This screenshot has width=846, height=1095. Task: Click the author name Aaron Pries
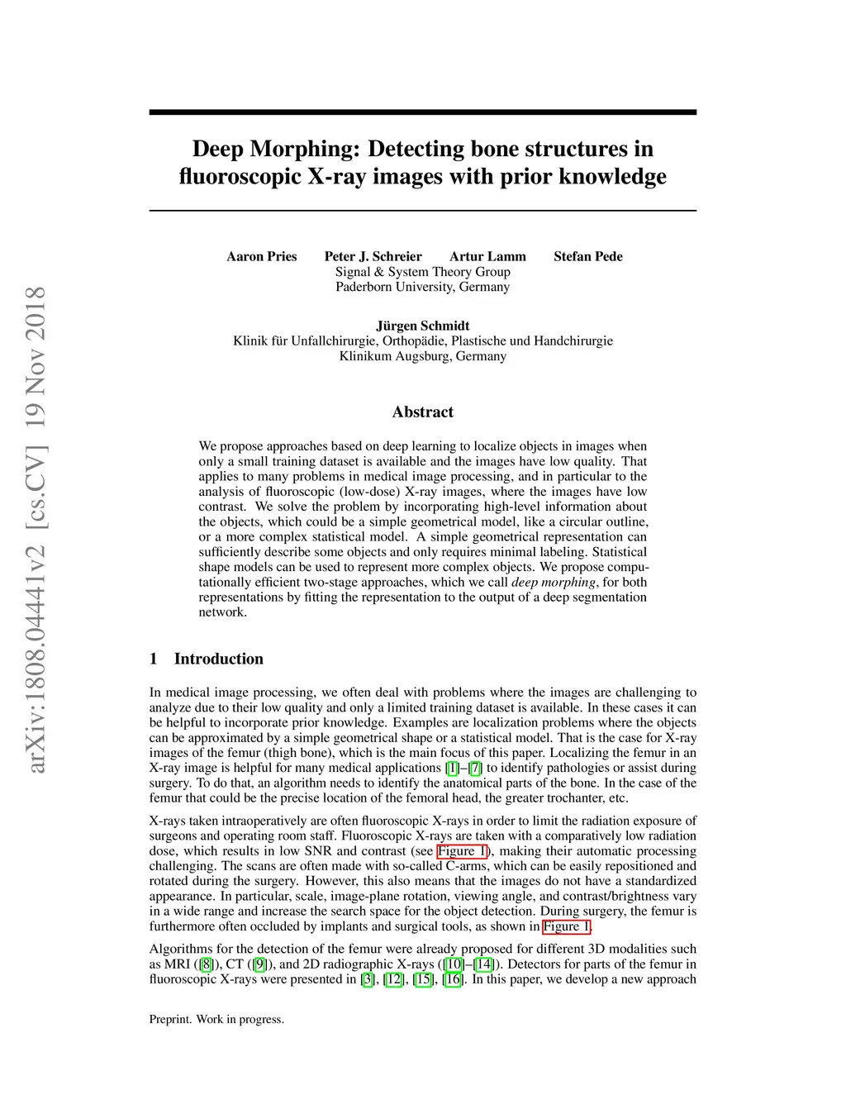(x=261, y=256)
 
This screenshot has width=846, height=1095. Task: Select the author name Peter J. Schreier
(x=373, y=256)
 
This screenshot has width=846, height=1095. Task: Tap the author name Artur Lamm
(x=487, y=256)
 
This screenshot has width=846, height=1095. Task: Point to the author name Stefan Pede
(x=587, y=256)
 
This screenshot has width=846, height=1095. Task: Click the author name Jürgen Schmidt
(x=422, y=326)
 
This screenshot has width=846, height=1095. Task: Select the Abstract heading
(x=422, y=412)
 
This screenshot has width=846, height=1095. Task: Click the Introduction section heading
(x=218, y=659)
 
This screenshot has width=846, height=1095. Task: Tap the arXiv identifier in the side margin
(x=36, y=529)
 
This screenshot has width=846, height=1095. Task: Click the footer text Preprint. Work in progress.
(x=216, y=1019)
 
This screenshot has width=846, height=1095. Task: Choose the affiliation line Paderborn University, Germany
(x=422, y=287)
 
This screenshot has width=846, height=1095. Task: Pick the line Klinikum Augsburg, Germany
(x=422, y=356)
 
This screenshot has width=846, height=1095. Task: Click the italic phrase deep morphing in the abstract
(x=553, y=582)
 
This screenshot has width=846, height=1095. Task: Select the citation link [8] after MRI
(x=207, y=964)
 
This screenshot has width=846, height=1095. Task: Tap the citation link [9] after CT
(x=260, y=964)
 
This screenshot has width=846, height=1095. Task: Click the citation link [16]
(x=453, y=979)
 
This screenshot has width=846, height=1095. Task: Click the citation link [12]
(x=394, y=979)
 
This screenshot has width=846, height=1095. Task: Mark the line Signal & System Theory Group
(x=422, y=272)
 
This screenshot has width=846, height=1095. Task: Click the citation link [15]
(x=423, y=979)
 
